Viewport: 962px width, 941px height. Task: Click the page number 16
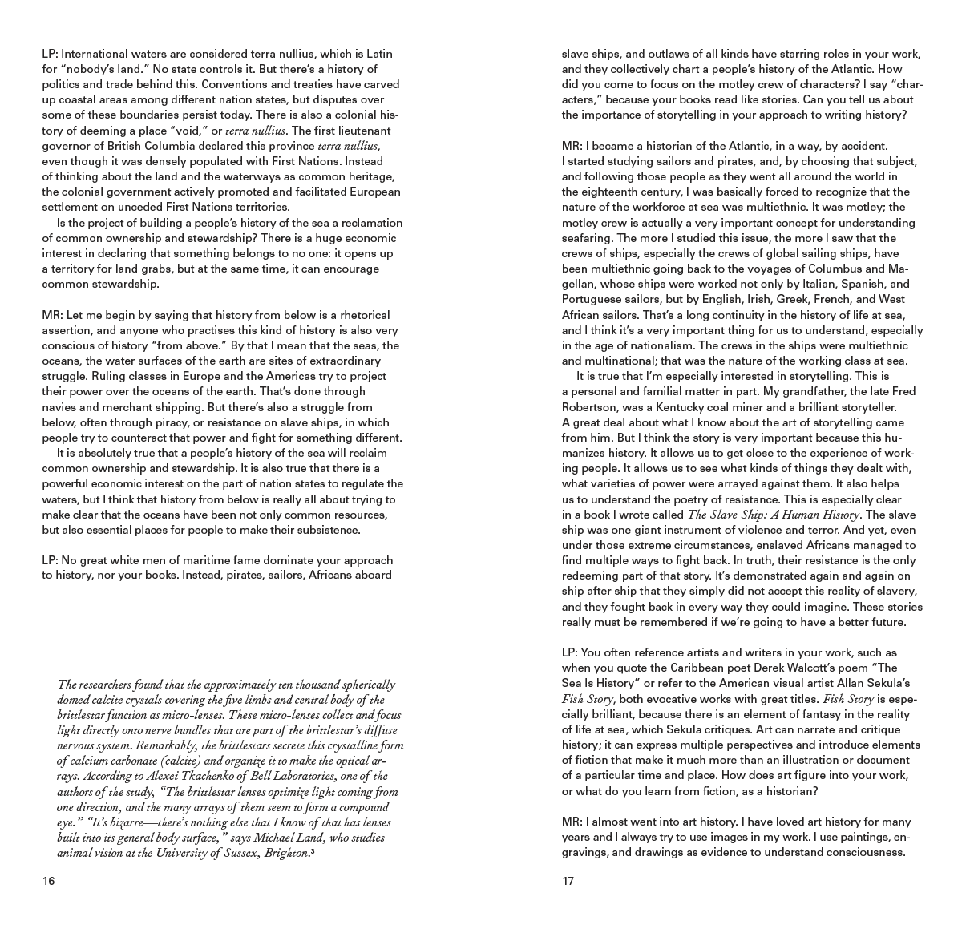(48, 881)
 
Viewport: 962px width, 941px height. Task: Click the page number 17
(568, 881)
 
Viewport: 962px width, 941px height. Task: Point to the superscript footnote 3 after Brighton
(312, 851)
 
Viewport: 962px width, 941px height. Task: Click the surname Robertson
(592, 407)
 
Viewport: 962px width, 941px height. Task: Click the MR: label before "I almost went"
(572, 822)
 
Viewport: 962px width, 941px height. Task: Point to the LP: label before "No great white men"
(50, 559)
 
